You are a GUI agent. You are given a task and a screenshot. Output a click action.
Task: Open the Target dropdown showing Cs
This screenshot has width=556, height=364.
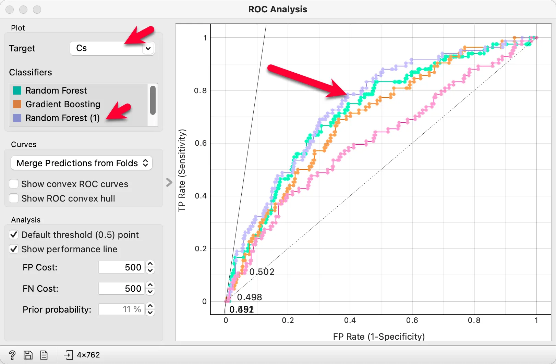[x=112, y=48]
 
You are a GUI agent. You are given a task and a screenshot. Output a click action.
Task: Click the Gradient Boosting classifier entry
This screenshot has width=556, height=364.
[x=63, y=104]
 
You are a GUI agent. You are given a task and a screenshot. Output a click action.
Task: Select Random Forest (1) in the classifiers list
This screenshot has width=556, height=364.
[x=62, y=118]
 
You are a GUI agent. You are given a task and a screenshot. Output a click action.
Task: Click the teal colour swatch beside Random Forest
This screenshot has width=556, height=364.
[x=17, y=90]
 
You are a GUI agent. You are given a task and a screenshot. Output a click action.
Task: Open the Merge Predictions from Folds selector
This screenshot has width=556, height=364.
[x=82, y=163]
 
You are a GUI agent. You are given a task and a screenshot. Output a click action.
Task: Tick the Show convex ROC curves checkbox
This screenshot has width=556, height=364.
[x=14, y=184]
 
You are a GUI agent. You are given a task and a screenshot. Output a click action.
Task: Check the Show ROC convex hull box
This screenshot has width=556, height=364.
[x=14, y=198]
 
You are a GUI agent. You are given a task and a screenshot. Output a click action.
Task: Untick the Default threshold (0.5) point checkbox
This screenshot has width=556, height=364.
[x=14, y=235]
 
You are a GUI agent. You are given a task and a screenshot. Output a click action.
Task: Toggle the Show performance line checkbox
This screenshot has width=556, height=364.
[x=14, y=249]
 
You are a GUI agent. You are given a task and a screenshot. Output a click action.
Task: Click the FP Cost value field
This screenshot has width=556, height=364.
[x=121, y=267]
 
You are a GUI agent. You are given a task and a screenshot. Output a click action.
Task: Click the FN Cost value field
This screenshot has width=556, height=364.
[x=121, y=289]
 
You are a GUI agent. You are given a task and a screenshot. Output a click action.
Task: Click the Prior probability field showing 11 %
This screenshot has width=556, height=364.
[x=121, y=310]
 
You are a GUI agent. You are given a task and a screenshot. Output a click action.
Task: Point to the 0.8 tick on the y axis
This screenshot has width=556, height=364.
[x=201, y=91]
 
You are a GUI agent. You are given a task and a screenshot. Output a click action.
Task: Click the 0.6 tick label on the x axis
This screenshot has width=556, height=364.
[x=412, y=320]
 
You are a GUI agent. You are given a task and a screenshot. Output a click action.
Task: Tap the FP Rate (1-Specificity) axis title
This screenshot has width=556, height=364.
[x=379, y=337]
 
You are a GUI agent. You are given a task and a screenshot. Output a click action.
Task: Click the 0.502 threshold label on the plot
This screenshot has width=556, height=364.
[x=262, y=272]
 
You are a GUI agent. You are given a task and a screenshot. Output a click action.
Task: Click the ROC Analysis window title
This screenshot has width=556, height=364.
[x=278, y=9]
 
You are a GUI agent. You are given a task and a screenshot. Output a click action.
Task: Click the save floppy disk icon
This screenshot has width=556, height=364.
[x=28, y=355]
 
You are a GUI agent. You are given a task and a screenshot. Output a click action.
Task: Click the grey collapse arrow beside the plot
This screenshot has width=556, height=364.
[x=169, y=182]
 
